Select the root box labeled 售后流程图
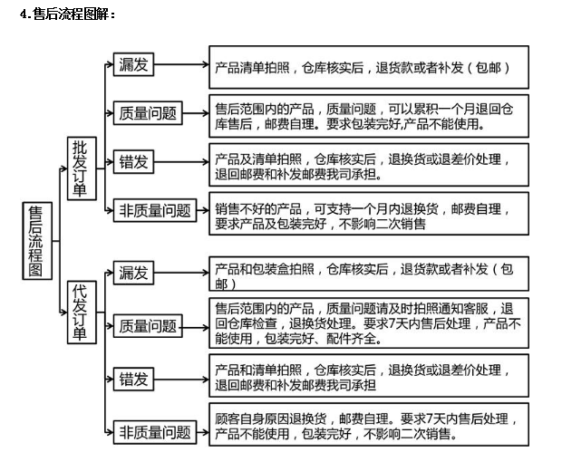click(36, 240)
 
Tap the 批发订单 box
click(81, 168)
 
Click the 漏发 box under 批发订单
click(134, 64)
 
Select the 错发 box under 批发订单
click(134, 162)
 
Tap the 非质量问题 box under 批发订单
click(155, 211)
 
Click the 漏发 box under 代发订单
click(134, 273)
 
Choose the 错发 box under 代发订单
click(134, 378)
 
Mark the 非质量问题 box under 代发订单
click(155, 431)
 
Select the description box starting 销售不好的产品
click(368, 215)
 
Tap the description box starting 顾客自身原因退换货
click(368, 427)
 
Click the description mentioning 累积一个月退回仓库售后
click(368, 114)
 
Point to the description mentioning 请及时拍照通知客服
click(368, 324)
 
